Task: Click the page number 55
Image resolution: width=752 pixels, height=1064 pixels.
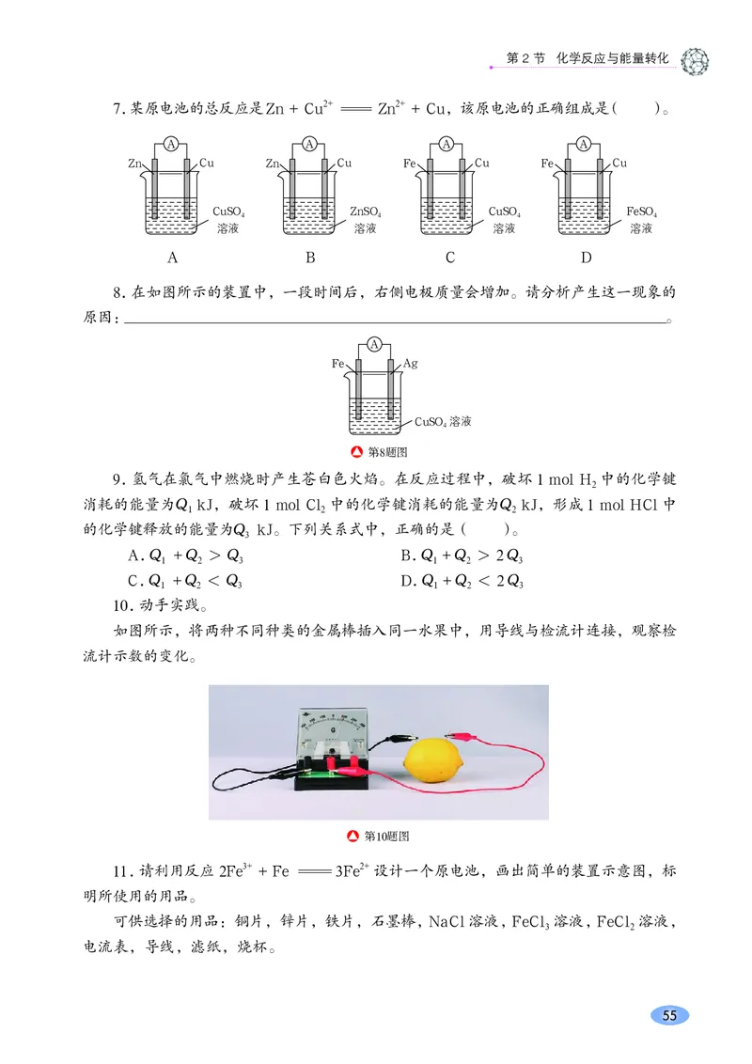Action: point(669,1015)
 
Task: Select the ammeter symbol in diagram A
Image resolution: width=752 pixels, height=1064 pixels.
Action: point(171,144)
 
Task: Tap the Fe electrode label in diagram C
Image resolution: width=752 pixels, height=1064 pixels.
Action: point(410,164)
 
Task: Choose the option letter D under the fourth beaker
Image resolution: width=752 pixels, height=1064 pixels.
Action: point(587,258)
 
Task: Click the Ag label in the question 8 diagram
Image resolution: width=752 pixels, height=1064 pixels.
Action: point(411,363)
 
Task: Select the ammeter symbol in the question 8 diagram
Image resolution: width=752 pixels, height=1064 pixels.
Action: point(374,345)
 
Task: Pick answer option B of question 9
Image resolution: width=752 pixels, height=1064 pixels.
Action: point(462,555)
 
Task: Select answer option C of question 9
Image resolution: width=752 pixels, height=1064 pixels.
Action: point(184,581)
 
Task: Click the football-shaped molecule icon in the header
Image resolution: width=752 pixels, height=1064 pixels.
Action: point(694,58)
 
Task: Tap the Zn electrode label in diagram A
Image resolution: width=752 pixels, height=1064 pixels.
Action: point(134,164)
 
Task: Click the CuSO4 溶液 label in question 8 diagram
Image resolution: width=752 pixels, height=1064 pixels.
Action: point(443,422)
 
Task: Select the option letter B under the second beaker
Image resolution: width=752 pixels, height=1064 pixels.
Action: point(310,258)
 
